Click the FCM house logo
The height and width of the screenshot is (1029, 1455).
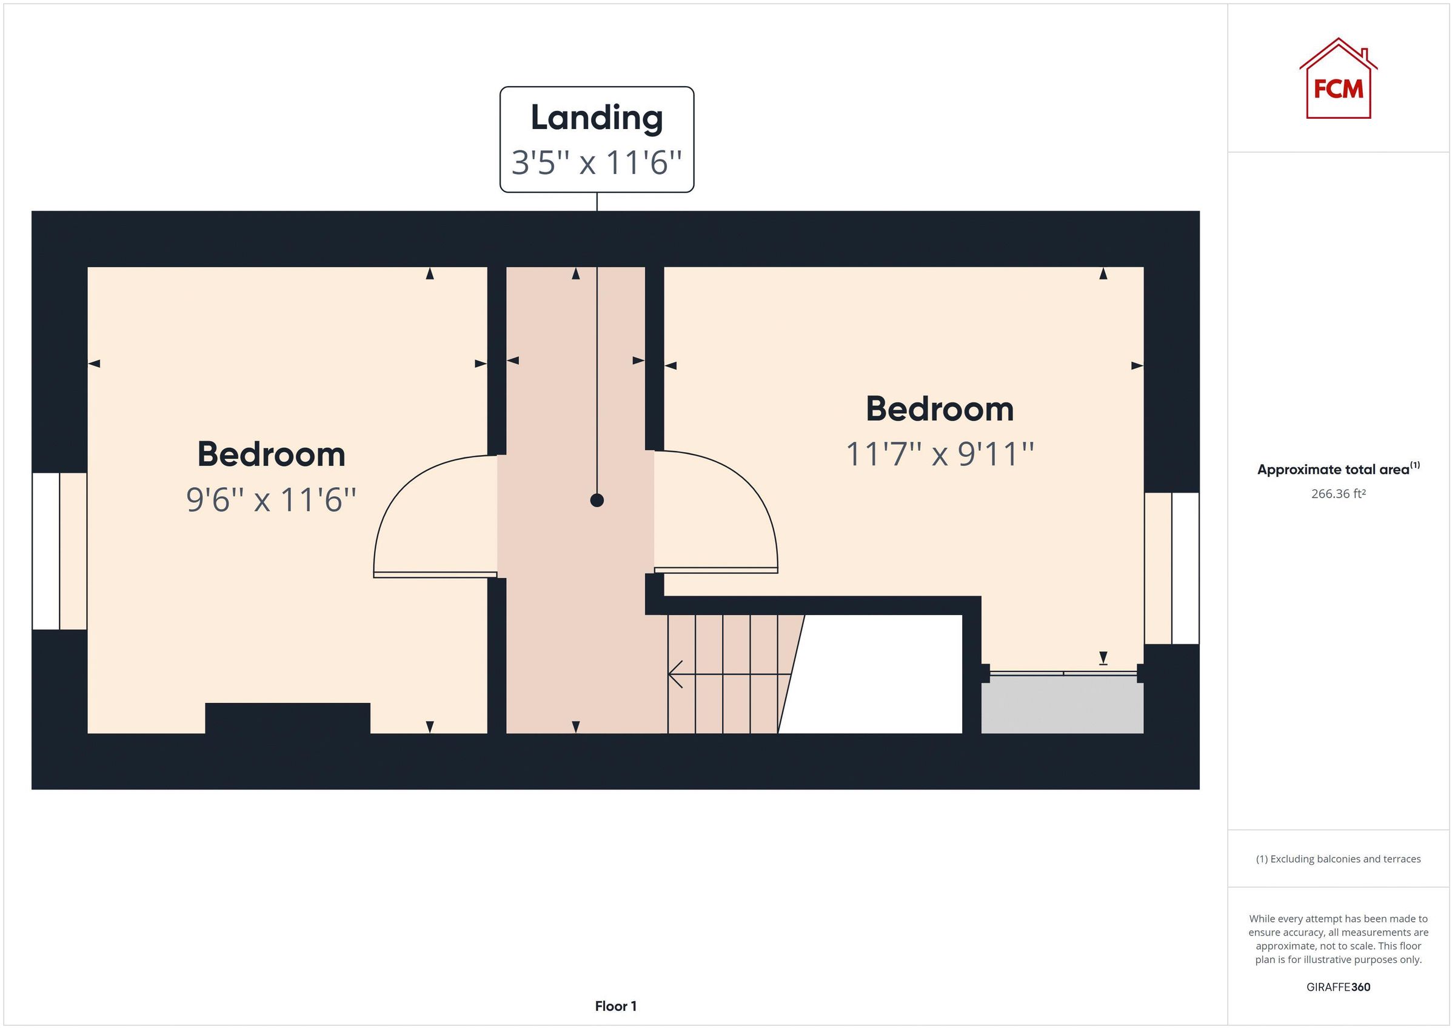1338,81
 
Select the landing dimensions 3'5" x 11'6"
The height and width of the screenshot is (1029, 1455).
597,163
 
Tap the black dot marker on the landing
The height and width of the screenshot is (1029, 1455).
597,501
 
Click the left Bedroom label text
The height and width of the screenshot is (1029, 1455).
271,455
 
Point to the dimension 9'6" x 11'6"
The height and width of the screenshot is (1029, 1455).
271,500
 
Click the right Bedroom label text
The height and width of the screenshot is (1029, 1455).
939,408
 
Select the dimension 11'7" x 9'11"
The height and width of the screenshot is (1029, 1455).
939,455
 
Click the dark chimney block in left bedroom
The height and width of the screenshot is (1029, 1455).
287,718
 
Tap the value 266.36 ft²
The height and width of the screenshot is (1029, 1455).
1338,493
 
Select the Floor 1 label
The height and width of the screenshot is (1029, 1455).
615,1006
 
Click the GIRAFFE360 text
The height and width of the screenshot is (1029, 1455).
1338,987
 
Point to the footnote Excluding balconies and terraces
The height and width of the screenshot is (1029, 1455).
1338,859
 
